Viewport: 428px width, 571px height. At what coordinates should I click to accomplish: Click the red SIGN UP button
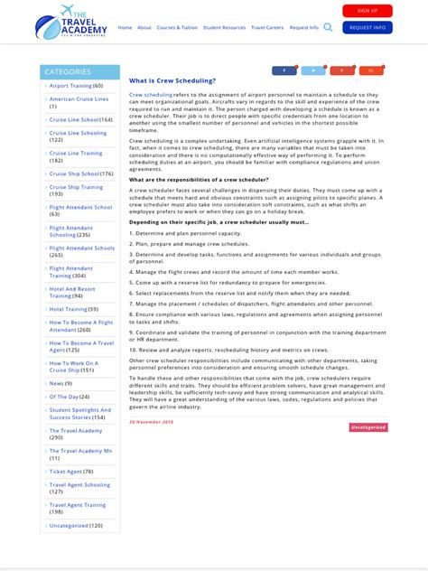(368, 11)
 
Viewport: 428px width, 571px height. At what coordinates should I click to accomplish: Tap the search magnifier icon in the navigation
(328, 27)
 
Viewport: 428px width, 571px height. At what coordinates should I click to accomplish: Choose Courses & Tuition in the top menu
(177, 27)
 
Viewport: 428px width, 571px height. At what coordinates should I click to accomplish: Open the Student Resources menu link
(224, 27)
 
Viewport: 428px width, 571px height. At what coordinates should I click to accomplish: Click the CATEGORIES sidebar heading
(68, 71)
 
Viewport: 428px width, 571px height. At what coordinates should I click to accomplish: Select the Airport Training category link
(70, 86)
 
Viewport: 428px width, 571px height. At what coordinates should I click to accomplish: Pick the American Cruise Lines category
(79, 99)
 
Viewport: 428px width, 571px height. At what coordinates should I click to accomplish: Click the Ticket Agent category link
(66, 471)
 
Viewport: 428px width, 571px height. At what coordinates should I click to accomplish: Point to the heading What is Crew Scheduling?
(172, 80)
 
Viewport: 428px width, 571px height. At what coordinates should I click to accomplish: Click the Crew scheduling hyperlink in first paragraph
(151, 94)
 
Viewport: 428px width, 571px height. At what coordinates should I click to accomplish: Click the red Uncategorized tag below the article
(368, 426)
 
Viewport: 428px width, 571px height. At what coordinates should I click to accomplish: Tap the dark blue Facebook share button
(284, 70)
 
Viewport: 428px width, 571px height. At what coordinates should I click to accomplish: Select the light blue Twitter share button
(313, 70)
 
